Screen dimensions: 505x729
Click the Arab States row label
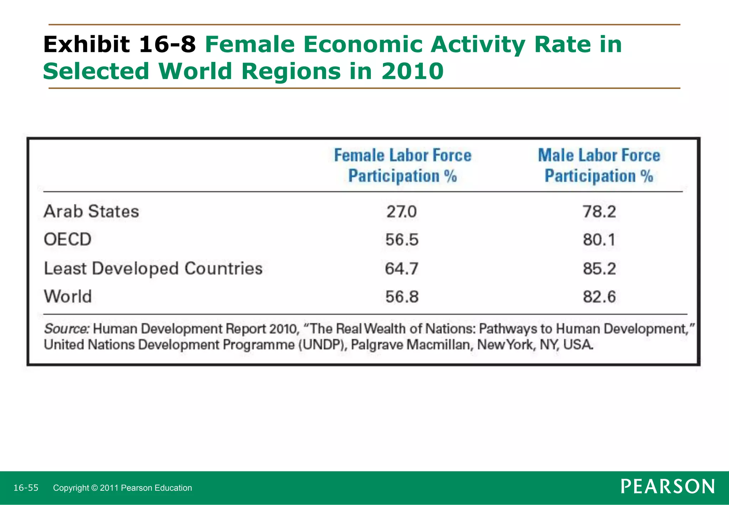(x=91, y=212)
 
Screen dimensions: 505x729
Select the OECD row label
(x=68, y=239)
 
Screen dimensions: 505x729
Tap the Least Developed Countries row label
(x=153, y=269)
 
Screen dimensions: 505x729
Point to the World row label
(x=68, y=296)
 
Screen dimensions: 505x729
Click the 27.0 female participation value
(x=402, y=212)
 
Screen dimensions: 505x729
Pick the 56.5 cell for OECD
(x=402, y=240)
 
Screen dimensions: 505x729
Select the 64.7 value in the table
(x=402, y=269)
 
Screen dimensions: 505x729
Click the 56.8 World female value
(x=402, y=297)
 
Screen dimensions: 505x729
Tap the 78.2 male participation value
(x=599, y=212)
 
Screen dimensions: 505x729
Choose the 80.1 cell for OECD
(x=599, y=240)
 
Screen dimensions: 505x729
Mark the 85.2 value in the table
(x=599, y=269)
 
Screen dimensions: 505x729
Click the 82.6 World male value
(x=599, y=297)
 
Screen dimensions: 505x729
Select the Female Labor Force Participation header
(x=403, y=166)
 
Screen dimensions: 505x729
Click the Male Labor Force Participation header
(x=599, y=166)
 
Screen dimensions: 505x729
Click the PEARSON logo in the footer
(x=667, y=487)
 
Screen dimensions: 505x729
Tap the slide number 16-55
(x=26, y=488)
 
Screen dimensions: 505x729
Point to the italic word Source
(x=66, y=329)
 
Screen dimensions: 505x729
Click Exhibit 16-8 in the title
(x=119, y=45)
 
